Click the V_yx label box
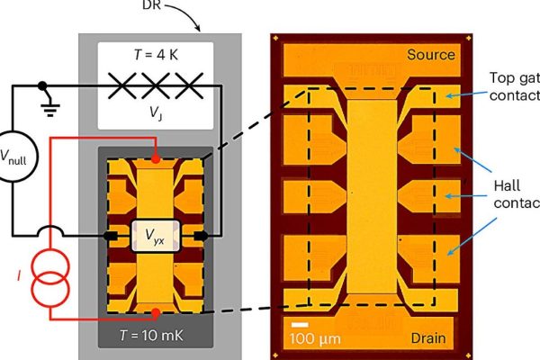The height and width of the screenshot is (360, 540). pyautogui.click(x=157, y=236)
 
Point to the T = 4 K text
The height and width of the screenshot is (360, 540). pyautogui.click(x=155, y=52)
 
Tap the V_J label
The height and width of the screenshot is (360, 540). pyautogui.click(x=156, y=113)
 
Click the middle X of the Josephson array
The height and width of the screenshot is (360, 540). pyautogui.click(x=156, y=87)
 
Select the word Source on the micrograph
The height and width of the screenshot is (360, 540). pyautogui.click(x=430, y=55)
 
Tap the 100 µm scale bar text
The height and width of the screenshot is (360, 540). pyautogui.click(x=314, y=338)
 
